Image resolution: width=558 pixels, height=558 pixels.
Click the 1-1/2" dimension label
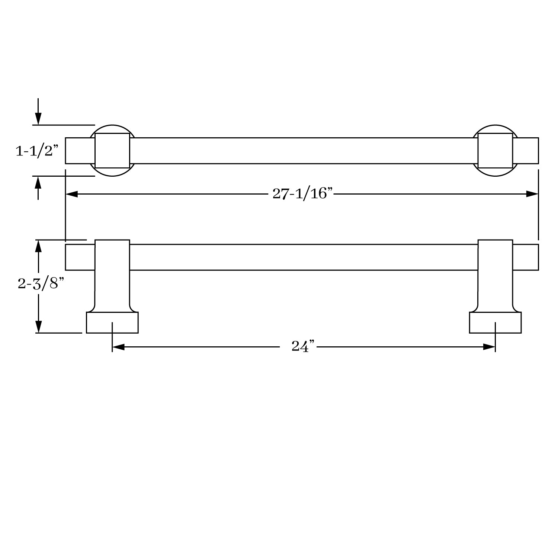[37, 151]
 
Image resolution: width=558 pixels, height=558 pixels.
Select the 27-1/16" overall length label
[302, 193]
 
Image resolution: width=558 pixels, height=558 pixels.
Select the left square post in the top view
[112, 151]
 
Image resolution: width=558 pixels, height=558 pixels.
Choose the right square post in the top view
[495, 151]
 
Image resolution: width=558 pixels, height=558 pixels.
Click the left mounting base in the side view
[112, 323]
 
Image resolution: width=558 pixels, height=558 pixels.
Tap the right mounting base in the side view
[495, 323]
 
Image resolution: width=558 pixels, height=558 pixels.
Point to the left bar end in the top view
[80, 151]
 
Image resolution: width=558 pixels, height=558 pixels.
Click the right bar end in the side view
[526, 257]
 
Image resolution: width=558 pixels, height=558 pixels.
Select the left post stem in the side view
[112, 275]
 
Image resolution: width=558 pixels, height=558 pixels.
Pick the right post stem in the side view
[495, 275]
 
